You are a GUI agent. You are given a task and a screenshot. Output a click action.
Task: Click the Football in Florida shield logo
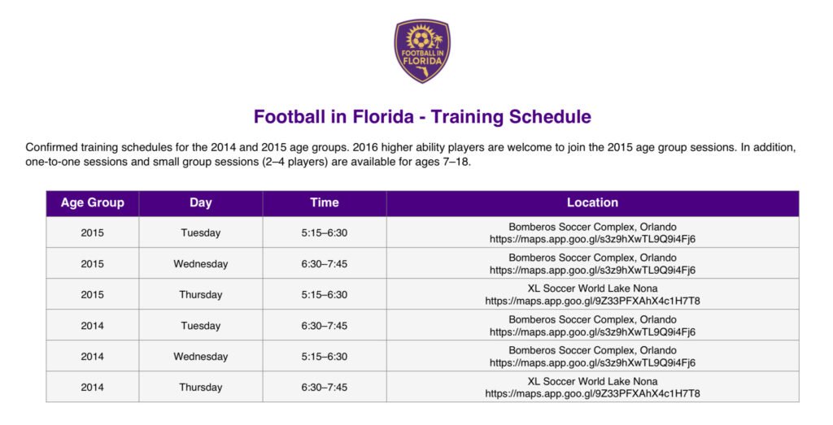pos(422,51)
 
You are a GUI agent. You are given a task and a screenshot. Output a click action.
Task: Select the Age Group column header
pos(93,202)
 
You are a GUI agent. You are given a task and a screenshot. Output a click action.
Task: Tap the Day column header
pos(201,202)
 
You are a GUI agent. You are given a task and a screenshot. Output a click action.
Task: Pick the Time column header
pos(325,202)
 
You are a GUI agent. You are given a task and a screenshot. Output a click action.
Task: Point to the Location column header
pos(592,202)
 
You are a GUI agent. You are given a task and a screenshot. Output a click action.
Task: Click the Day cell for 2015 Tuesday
pos(201,233)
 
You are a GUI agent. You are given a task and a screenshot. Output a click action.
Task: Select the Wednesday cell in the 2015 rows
pos(201,264)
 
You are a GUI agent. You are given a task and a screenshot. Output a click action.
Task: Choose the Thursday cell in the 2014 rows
pos(201,388)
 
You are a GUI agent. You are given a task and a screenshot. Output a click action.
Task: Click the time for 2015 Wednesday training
pos(325,264)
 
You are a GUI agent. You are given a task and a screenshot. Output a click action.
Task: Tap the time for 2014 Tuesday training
pos(325,326)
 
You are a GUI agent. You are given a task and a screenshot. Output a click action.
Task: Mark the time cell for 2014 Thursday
pos(325,388)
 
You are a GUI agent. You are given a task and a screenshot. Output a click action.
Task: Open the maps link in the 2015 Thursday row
pos(592,301)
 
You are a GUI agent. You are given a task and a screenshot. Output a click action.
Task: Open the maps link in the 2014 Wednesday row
pos(592,363)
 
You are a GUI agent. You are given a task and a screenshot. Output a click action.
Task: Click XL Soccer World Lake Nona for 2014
pos(592,381)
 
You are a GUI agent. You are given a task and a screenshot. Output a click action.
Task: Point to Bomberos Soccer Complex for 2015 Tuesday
pos(592,227)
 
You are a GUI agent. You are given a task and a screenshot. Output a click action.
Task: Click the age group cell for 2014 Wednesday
pos(93,357)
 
